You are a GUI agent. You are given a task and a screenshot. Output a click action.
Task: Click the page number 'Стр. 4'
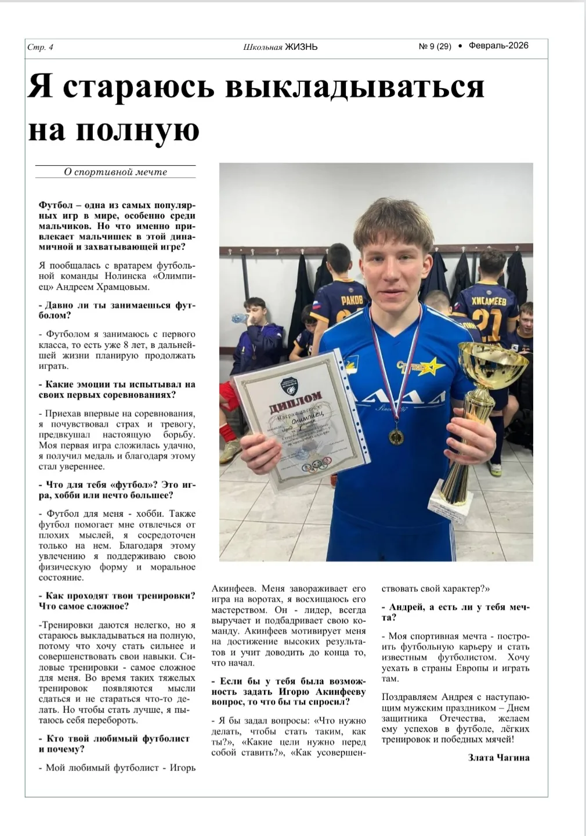[x=40, y=48]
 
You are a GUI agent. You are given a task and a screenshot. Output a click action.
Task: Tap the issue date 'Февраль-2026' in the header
[x=498, y=46]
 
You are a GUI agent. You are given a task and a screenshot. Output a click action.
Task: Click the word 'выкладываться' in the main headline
[x=354, y=87]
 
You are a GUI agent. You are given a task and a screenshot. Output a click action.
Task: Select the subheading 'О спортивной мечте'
[x=115, y=172]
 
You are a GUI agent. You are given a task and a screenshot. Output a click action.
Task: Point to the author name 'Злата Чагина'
[x=498, y=758]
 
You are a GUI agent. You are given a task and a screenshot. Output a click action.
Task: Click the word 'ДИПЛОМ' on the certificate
[x=295, y=401]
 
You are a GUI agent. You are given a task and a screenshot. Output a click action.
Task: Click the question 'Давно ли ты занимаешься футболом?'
[x=116, y=310]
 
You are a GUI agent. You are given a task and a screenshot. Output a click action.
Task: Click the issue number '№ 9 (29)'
[x=435, y=46]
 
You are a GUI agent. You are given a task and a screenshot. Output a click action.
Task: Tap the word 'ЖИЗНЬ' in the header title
[x=301, y=47]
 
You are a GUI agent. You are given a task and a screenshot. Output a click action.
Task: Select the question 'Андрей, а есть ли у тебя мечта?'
[x=455, y=612]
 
